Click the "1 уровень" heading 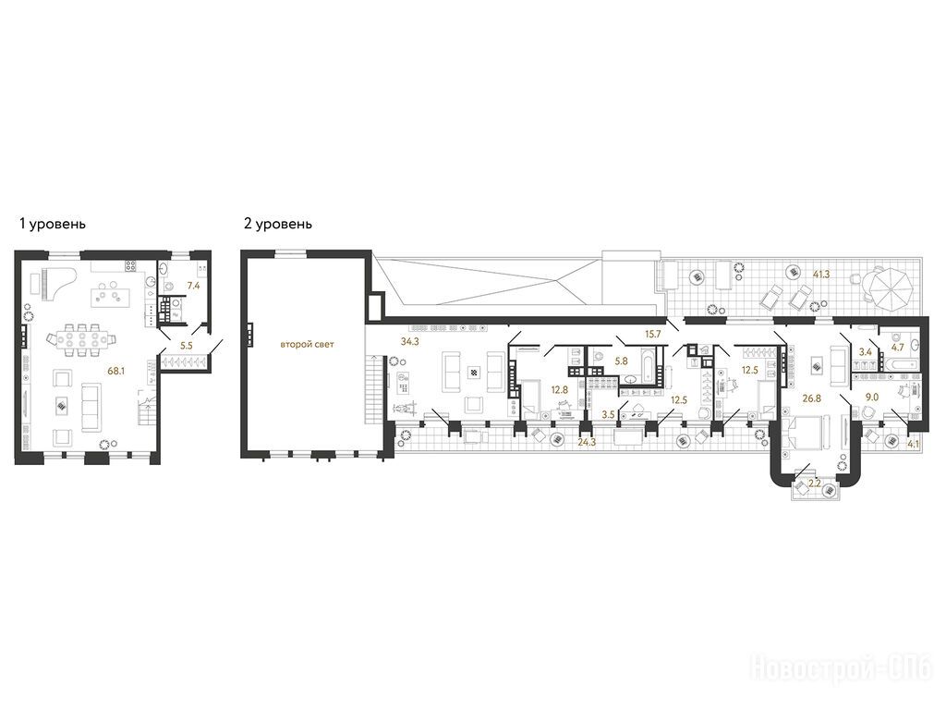coord(53,224)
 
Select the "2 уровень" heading coord(278,224)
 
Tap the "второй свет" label coord(307,345)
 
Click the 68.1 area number coord(115,372)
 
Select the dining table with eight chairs coord(80,339)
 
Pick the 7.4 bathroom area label coord(193,287)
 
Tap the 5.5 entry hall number coord(187,346)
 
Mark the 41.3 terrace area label coord(821,275)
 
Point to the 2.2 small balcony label coord(814,483)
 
